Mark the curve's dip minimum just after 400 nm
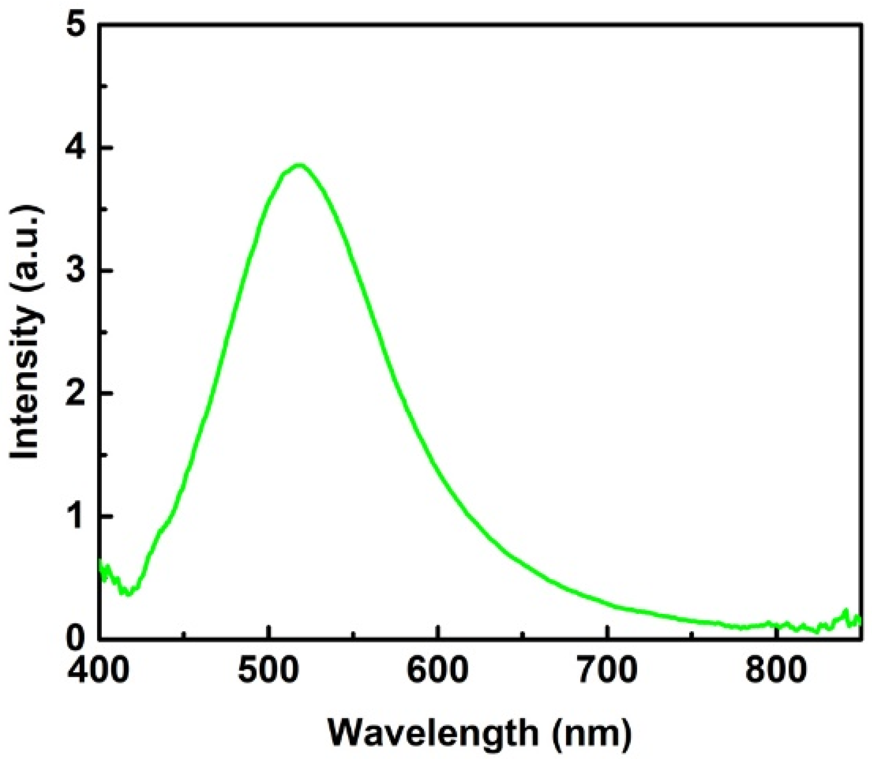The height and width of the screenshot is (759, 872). (x=128, y=593)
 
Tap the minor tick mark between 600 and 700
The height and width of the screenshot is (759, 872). (x=522, y=634)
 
